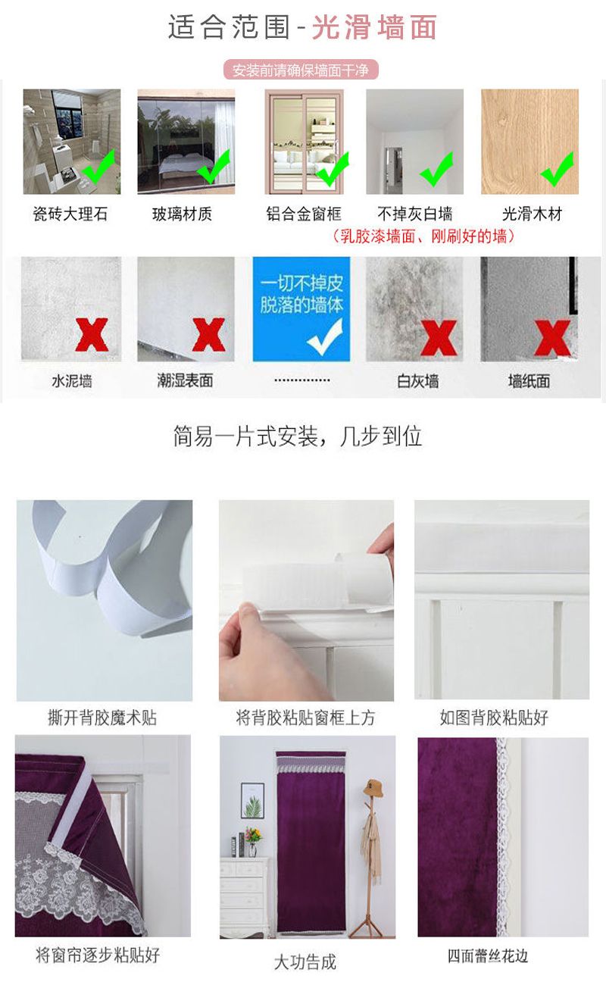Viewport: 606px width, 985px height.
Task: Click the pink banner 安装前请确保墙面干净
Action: [301, 70]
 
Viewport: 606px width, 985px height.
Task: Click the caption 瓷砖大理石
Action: [70, 214]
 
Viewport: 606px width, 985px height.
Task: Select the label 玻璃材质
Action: [182, 214]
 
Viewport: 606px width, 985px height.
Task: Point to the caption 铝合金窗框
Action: [304, 214]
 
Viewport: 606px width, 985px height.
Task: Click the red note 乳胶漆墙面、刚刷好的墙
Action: [423, 236]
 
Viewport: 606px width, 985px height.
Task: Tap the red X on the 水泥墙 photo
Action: [92, 334]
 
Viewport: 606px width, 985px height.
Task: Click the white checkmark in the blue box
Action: [325, 337]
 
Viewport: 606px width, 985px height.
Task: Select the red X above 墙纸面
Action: [552, 338]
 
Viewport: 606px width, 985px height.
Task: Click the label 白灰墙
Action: [418, 381]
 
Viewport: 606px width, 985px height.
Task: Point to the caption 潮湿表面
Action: [185, 380]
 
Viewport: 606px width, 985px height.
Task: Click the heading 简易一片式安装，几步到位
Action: [297, 436]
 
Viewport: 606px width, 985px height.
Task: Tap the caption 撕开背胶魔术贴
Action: [102, 718]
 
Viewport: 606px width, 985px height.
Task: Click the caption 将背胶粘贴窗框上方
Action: [305, 718]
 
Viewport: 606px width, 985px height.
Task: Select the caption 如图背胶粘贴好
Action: [494, 718]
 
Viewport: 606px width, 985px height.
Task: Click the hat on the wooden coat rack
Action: [373, 787]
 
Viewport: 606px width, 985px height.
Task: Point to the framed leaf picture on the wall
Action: [252, 800]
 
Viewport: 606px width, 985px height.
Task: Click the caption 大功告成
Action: [305, 962]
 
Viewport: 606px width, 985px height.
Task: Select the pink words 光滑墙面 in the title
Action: [374, 27]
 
